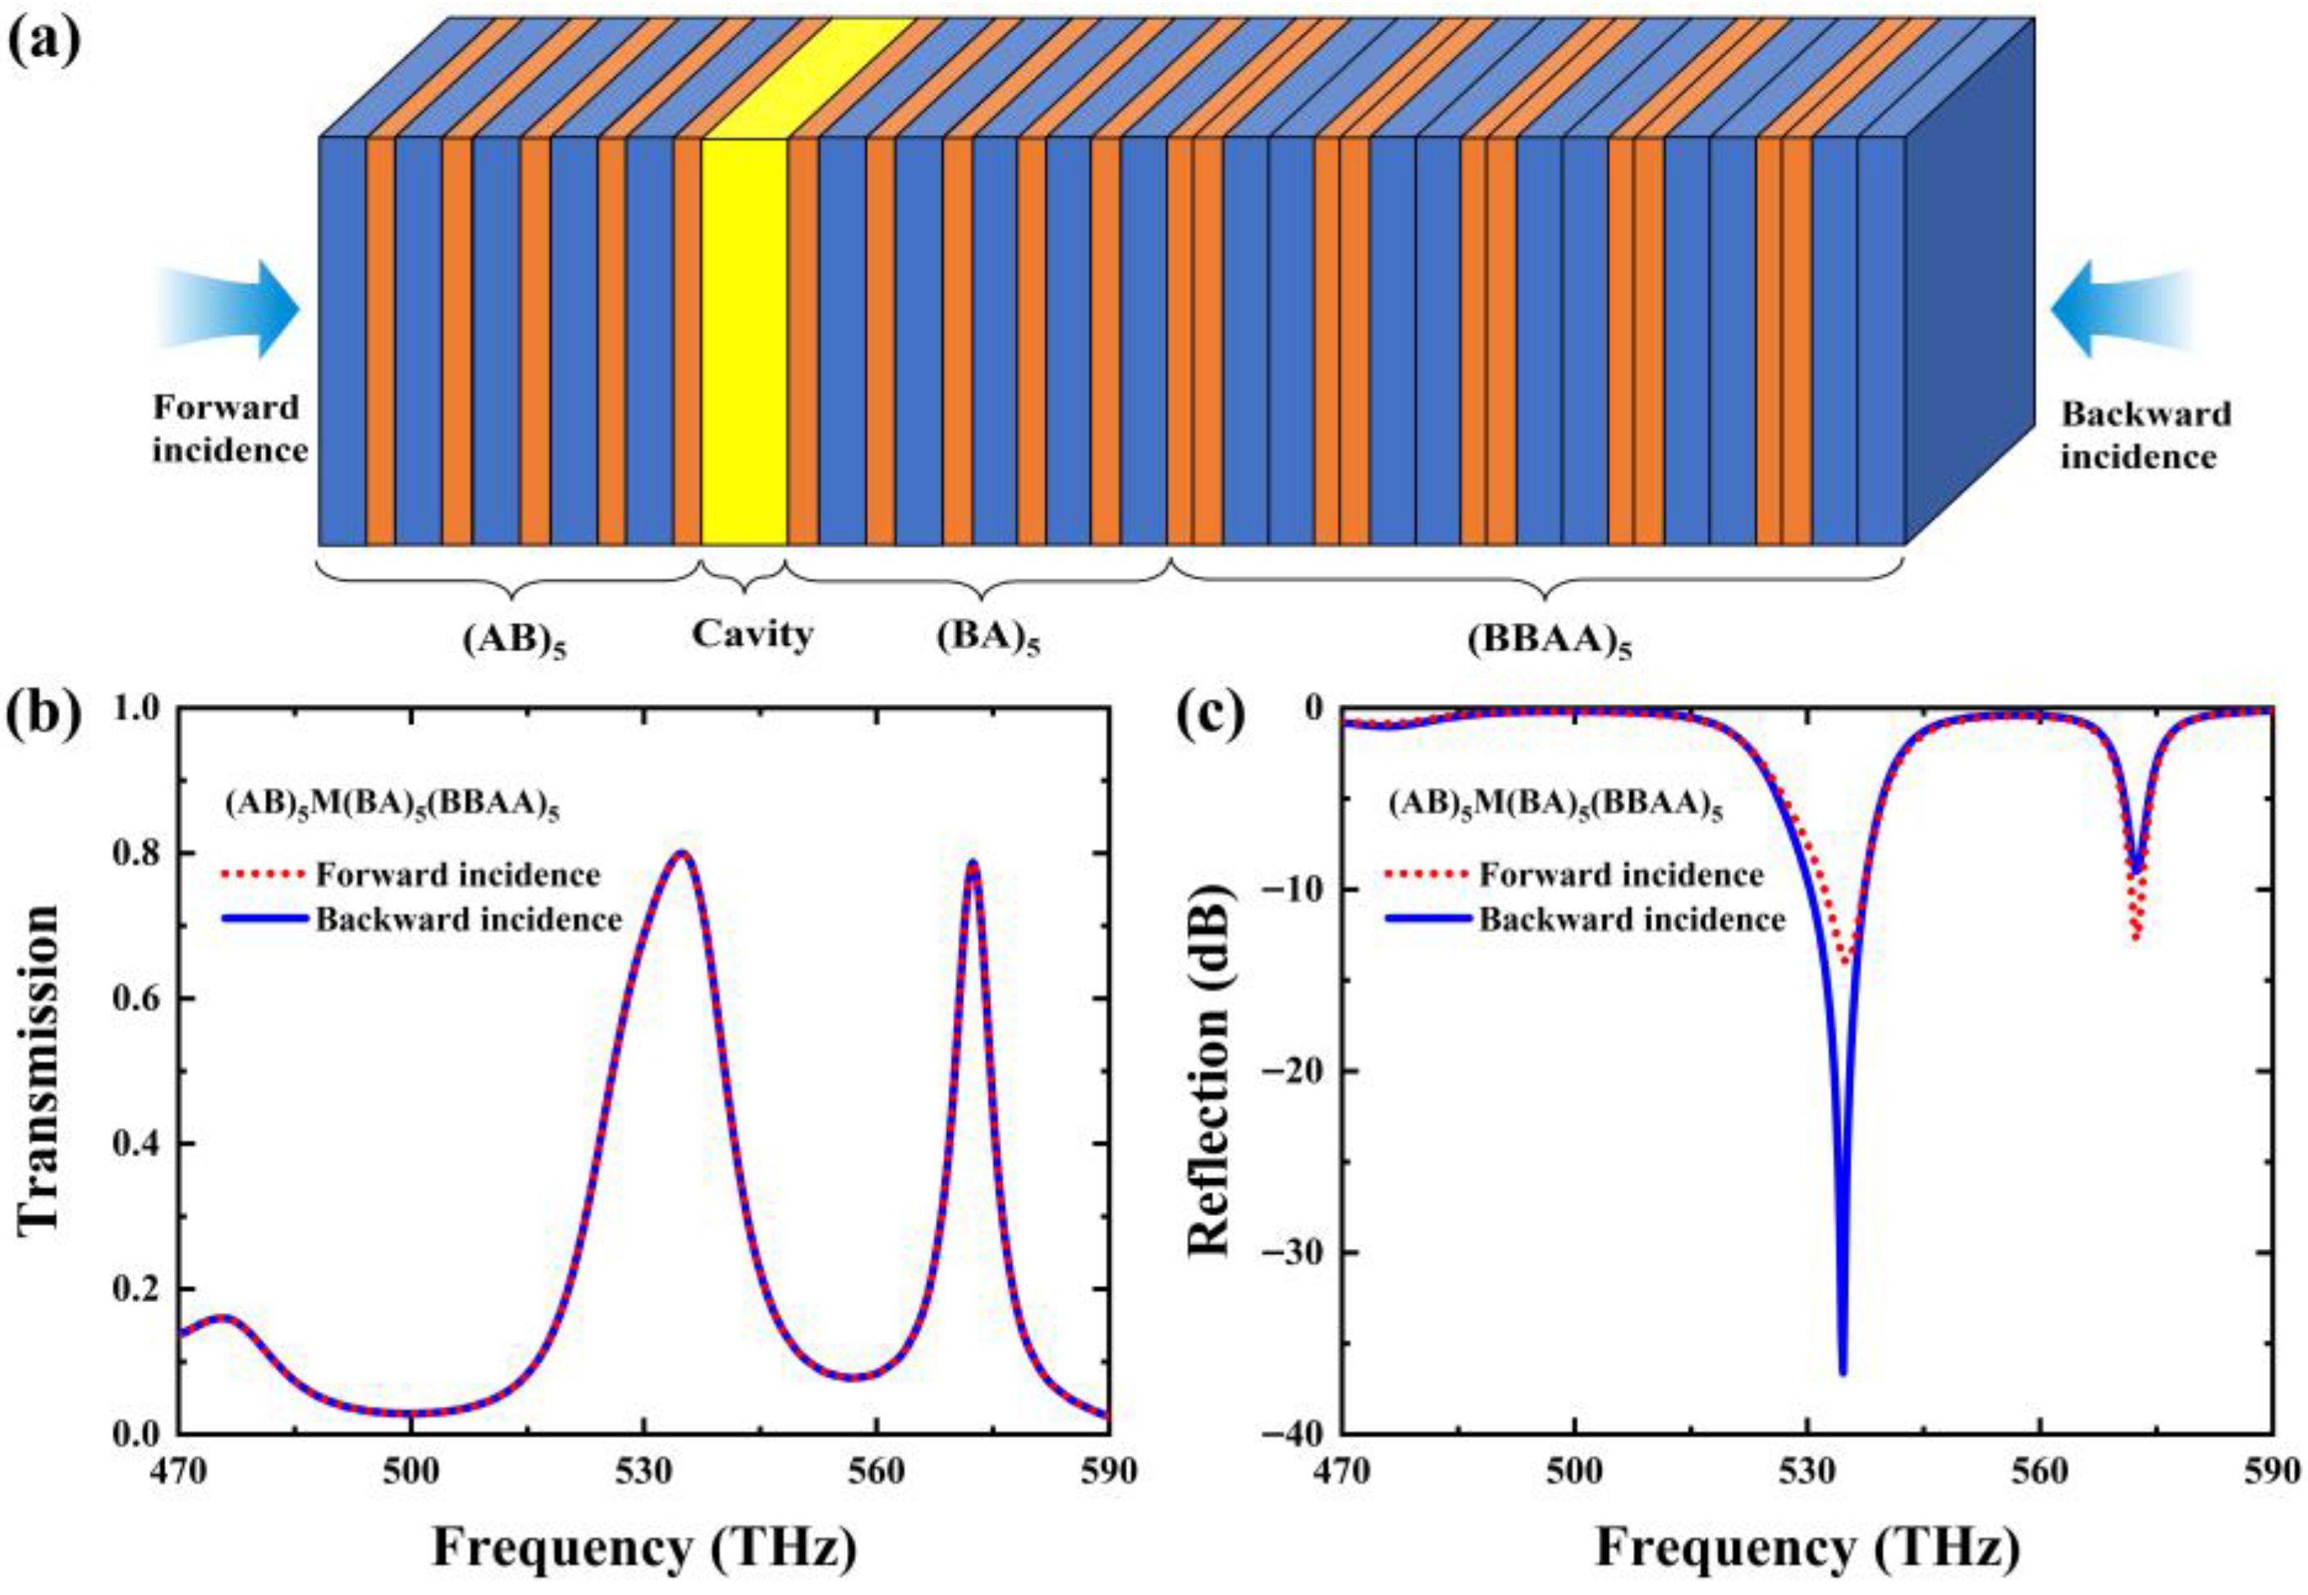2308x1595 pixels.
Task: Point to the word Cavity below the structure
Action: click(752, 633)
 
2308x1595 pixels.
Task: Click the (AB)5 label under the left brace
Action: click(514, 640)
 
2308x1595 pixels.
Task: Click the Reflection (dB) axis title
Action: click(1211, 1069)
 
